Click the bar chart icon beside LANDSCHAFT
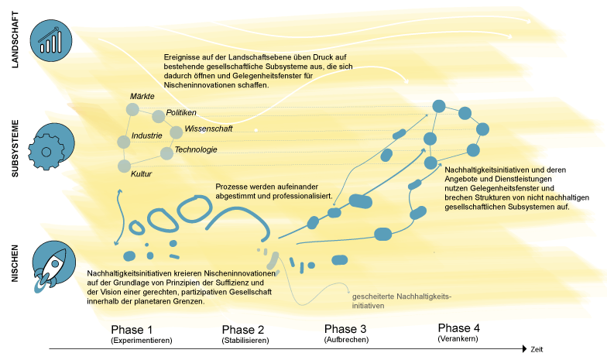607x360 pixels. pyautogui.click(x=51, y=40)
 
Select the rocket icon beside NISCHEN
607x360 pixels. pyautogui.click(x=53, y=266)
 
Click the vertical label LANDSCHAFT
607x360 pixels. pyautogui.click(x=15, y=39)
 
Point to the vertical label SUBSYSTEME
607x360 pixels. pyautogui.click(x=15, y=149)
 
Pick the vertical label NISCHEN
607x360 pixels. pyautogui.click(x=15, y=263)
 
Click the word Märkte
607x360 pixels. pyautogui.click(x=142, y=96)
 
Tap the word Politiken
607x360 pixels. pyautogui.click(x=181, y=113)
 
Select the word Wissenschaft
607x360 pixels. pyautogui.click(x=208, y=129)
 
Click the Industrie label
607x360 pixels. pyautogui.click(x=147, y=136)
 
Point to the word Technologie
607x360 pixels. pyautogui.click(x=196, y=150)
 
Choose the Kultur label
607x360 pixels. pyautogui.click(x=141, y=174)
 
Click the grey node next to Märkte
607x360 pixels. pyautogui.click(x=132, y=110)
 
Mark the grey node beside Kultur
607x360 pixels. pyautogui.click(x=124, y=166)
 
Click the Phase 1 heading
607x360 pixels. pyautogui.click(x=132, y=330)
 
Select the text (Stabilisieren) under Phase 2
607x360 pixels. pyautogui.click(x=245, y=341)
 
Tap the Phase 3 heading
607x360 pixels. pyautogui.click(x=345, y=329)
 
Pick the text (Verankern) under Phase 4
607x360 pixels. pyautogui.click(x=458, y=339)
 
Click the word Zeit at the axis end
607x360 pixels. pyautogui.click(x=537, y=350)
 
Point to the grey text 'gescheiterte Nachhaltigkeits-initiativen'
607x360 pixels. pyautogui.click(x=401, y=301)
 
